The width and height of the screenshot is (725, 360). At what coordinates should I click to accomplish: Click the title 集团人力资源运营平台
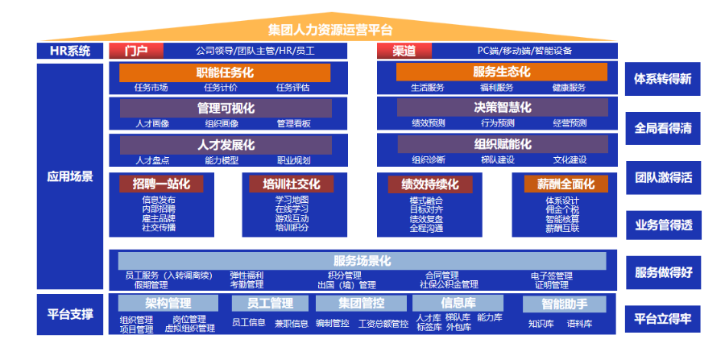pos(330,31)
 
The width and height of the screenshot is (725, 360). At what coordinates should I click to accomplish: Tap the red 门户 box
pos(136,51)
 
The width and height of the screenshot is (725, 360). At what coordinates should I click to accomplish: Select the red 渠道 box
pos(404,51)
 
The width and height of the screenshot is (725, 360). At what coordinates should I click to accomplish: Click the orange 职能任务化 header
pos(225,72)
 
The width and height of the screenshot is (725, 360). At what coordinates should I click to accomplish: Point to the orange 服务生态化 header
pos(501,72)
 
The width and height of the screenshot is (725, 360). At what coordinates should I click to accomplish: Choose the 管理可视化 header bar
pos(225,108)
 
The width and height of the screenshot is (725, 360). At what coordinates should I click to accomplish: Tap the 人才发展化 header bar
pos(226,145)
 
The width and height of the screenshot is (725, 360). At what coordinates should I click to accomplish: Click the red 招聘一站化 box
pos(160,184)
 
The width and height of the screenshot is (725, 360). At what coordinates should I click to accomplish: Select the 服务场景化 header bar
pos(362,261)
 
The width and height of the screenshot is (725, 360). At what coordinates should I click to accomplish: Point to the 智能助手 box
pos(564,304)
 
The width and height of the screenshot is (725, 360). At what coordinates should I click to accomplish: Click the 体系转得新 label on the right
pos(663,79)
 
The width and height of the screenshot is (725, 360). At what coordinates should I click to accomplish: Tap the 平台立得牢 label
pos(663,318)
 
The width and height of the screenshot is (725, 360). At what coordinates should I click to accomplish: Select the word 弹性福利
pos(246,275)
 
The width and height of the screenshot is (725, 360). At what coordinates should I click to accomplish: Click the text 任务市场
pos(151,88)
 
